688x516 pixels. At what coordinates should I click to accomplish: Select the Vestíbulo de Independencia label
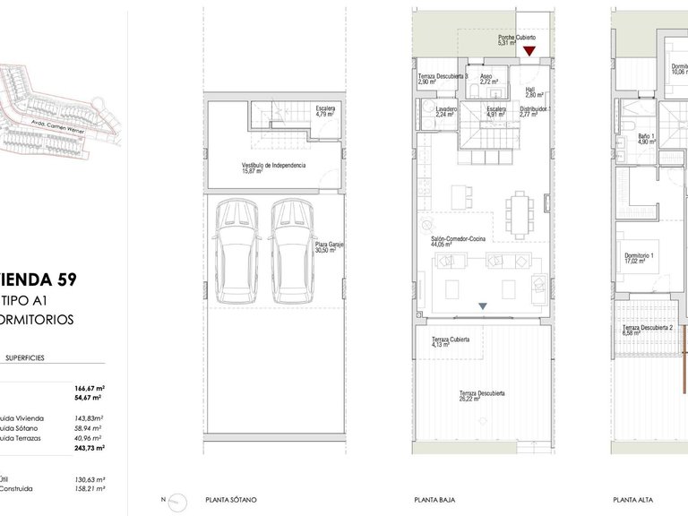(273, 168)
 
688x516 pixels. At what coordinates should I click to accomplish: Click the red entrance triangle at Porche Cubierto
(529, 51)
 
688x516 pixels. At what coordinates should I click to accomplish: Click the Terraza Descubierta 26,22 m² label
(482, 397)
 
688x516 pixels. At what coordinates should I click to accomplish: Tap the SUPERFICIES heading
(25, 357)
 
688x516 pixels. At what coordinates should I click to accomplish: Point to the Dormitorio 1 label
(640, 258)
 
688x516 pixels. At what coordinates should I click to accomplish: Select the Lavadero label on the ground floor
(446, 111)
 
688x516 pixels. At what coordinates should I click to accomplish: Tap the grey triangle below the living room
(483, 306)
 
